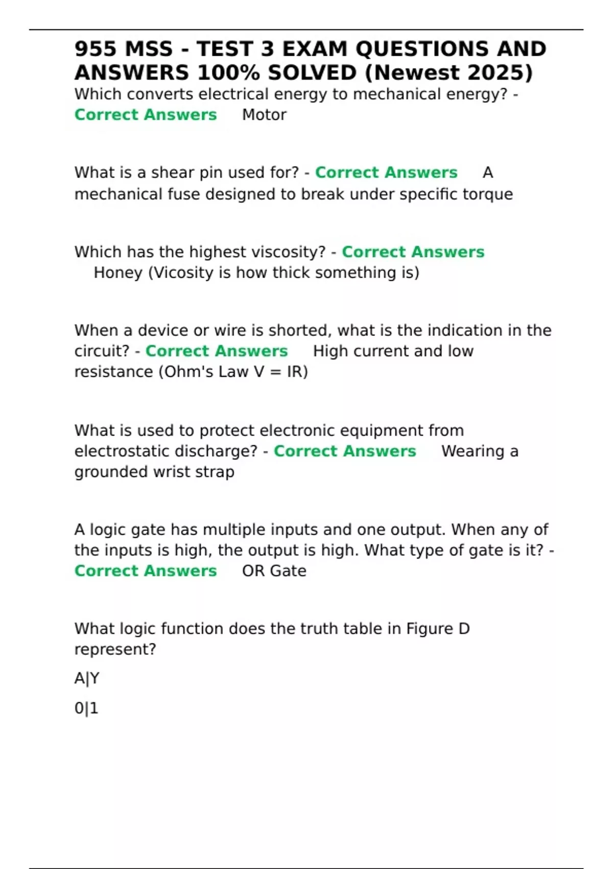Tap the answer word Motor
click(x=264, y=115)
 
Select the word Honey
click(x=118, y=272)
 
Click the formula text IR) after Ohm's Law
click(x=297, y=372)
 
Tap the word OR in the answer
click(x=253, y=571)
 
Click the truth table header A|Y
click(x=87, y=678)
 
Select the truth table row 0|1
click(x=86, y=708)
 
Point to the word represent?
click(x=115, y=650)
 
